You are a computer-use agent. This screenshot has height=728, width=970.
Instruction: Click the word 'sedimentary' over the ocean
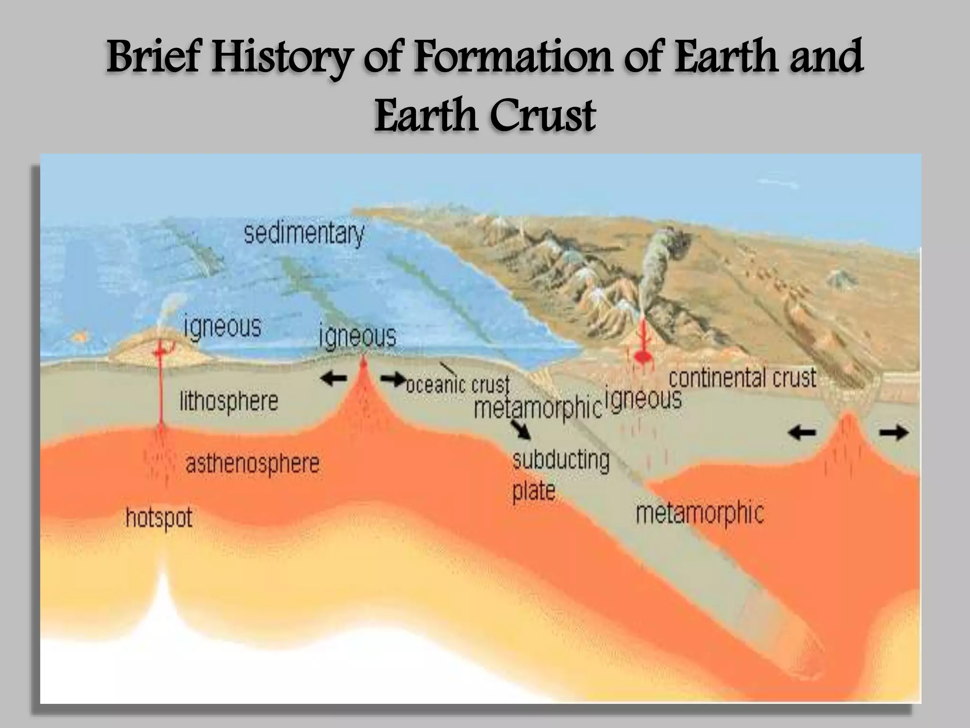click(304, 234)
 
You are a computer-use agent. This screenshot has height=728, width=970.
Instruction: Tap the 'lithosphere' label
click(229, 402)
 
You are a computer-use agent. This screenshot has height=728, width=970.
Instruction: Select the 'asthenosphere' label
click(252, 464)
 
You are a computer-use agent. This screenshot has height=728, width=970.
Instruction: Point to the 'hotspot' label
click(159, 518)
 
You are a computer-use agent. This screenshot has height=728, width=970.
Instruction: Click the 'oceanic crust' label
click(458, 384)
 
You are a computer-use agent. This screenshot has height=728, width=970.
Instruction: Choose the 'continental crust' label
click(742, 378)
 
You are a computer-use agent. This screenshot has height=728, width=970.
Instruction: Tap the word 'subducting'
click(561, 460)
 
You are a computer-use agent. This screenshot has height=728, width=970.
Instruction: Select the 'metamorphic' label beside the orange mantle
click(700, 513)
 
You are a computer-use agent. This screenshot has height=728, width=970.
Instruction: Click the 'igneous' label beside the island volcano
click(223, 327)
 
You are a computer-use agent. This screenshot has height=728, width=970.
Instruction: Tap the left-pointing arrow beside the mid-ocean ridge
click(334, 378)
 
